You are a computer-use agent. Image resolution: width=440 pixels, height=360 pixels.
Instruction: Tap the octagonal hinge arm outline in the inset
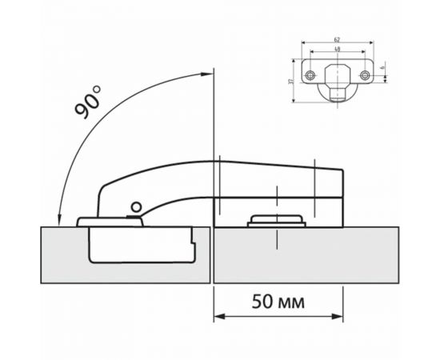[x=338, y=76]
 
